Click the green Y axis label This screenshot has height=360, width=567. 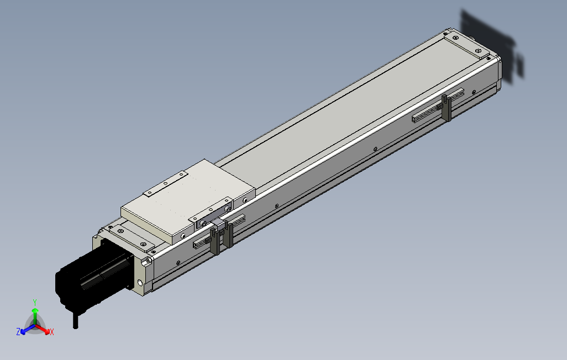[34, 301]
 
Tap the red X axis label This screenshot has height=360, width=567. [51, 332]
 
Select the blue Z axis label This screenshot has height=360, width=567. [18, 331]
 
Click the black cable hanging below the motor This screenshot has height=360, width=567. [76, 321]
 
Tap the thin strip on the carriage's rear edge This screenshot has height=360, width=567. [165, 184]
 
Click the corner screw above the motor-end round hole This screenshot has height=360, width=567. [149, 261]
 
